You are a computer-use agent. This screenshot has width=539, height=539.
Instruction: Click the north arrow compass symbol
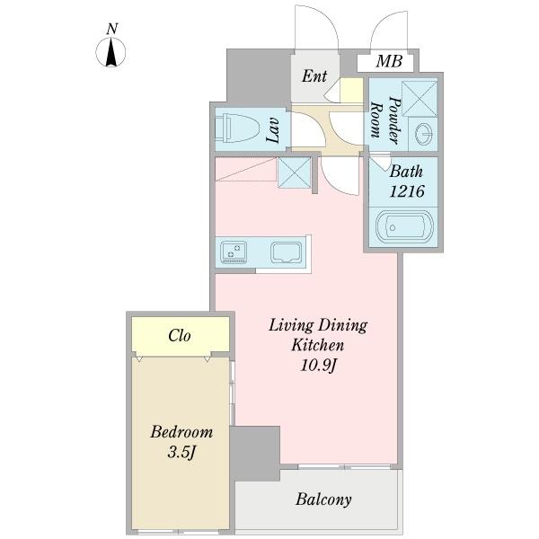pos(110,52)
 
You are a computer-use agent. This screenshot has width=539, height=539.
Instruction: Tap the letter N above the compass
pos(112,29)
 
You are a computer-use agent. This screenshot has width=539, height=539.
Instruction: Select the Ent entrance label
pos(314,76)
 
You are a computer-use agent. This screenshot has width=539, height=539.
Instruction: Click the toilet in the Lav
pos(237,128)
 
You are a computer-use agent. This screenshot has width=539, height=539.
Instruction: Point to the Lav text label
pos(272,130)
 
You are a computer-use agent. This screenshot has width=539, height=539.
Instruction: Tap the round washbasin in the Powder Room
pos(423,133)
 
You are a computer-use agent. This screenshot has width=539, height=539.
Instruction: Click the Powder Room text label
pos(386,120)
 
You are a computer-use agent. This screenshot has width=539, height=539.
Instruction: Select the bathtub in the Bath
pos(404,227)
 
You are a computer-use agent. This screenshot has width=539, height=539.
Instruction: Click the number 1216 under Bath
pos(407,191)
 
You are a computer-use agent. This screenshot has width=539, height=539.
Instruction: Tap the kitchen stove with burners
pos(234,252)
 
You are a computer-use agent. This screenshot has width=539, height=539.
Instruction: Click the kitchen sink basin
pos(286,252)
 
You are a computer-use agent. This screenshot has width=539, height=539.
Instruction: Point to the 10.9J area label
pos(318,365)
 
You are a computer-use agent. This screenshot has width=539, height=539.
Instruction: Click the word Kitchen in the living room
pos(318,345)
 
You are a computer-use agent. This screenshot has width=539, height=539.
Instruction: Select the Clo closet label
pos(180,335)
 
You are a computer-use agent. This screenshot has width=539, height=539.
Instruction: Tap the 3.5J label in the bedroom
pos(181,452)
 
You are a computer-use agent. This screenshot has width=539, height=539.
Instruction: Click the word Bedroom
pos(181,432)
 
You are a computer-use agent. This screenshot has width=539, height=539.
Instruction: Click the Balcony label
pos(323,499)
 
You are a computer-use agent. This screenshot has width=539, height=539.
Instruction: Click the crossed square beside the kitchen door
pos(295,172)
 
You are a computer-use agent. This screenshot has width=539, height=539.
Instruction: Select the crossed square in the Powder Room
pos(420,98)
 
